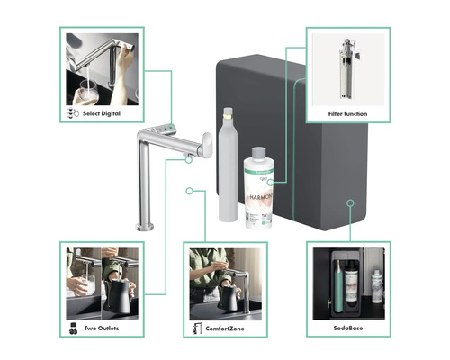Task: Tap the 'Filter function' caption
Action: pyautogui.click(x=348, y=114)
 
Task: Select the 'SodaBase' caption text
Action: pyautogui.click(x=349, y=329)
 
